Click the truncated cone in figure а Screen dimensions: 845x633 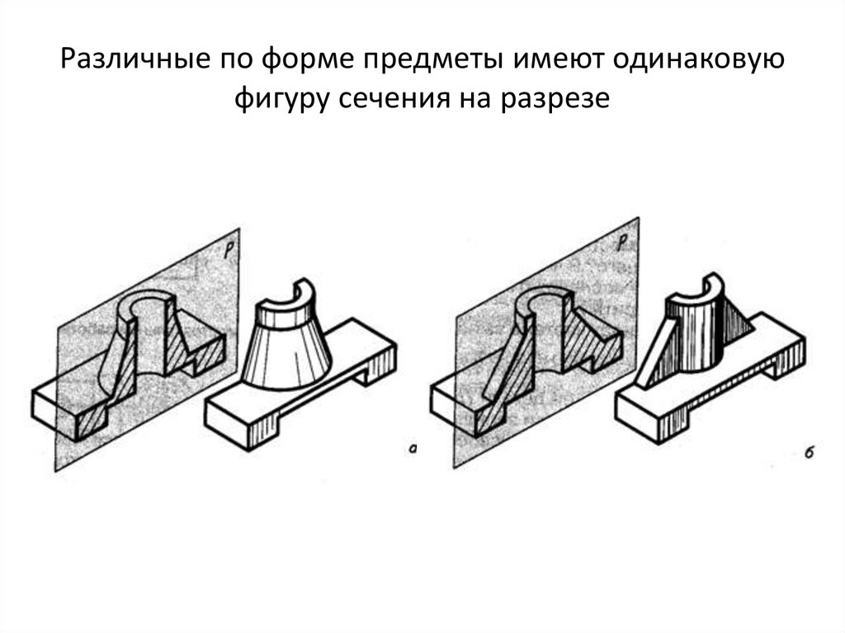point(290,355)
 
